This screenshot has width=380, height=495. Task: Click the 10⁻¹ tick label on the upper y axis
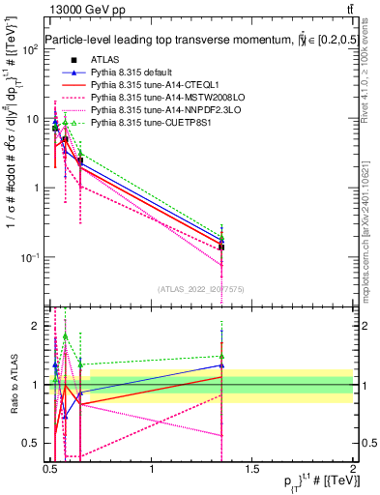click(x=29, y=257)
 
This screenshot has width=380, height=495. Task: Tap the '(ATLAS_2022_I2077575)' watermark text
click(x=201, y=288)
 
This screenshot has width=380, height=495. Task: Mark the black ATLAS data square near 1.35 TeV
click(x=222, y=247)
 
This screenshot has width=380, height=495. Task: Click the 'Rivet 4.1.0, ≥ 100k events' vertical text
click(x=369, y=73)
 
